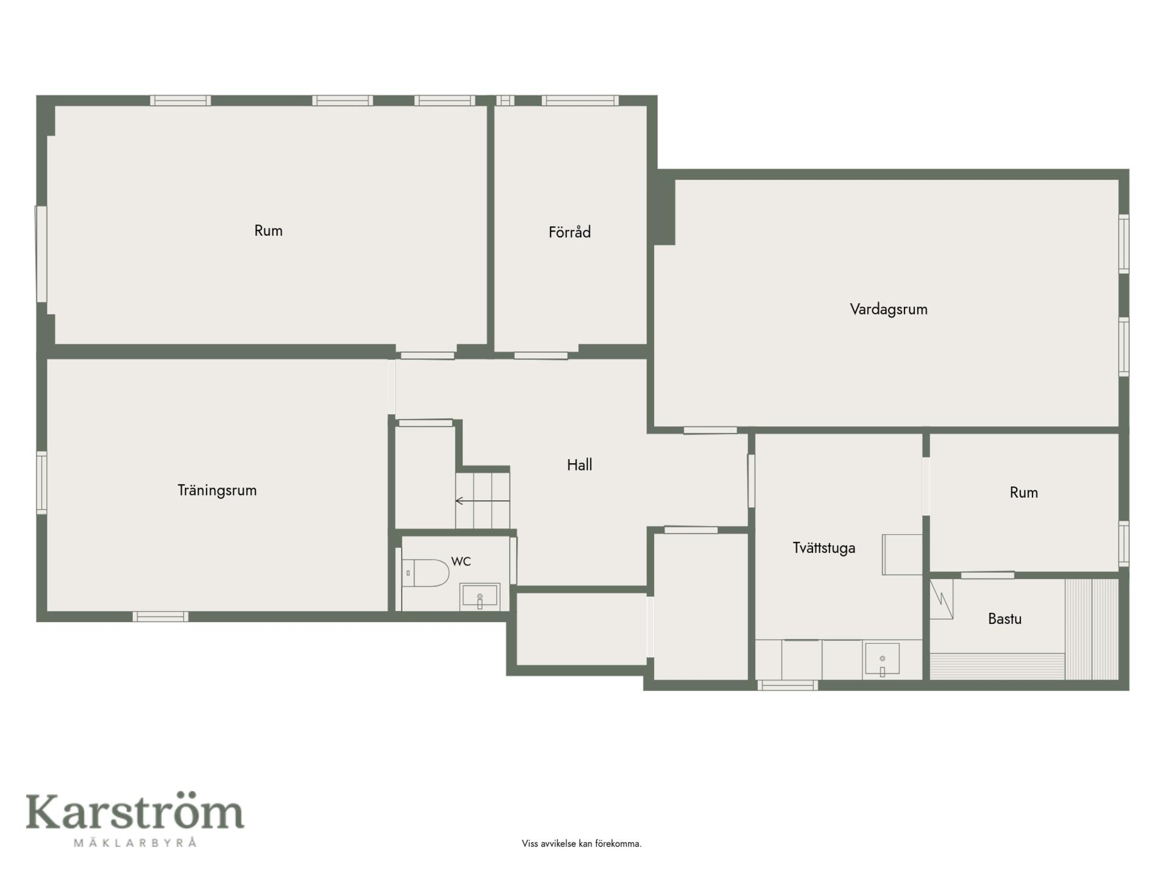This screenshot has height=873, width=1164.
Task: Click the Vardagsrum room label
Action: [x=888, y=309]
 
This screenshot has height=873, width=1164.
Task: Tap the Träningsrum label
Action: [x=217, y=490]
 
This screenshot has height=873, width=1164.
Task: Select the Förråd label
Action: [x=569, y=232]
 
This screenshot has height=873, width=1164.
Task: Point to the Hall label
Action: [x=579, y=465]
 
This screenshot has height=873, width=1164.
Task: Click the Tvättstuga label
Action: [x=824, y=548]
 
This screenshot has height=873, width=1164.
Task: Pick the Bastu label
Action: [x=1005, y=619]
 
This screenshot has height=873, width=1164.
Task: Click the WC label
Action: [x=461, y=561]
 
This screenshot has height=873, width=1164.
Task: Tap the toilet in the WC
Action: [x=426, y=573]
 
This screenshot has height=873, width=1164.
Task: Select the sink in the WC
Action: [x=480, y=597]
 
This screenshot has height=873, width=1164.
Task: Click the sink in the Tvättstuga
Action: [x=881, y=660]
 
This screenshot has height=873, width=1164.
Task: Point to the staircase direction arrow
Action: [x=483, y=501]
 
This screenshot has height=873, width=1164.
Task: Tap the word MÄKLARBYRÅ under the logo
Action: [x=135, y=843]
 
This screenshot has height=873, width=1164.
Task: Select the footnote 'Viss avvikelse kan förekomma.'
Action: [x=581, y=843]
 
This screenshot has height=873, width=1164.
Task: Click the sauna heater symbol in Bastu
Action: [x=942, y=599]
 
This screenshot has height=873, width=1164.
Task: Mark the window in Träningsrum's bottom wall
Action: [x=161, y=617]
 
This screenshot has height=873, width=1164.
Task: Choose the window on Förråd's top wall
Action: [x=580, y=101]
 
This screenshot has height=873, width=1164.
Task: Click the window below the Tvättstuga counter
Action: [x=788, y=685]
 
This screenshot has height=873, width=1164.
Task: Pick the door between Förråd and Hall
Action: [x=541, y=355]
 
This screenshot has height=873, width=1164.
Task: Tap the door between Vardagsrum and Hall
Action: [x=711, y=430]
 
